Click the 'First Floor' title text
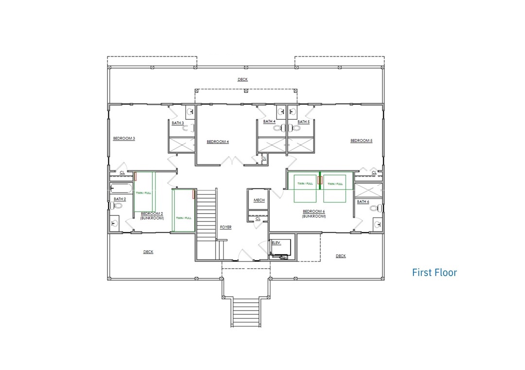(x=434, y=272)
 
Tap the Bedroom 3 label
(x=124, y=138)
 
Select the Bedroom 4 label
(x=218, y=142)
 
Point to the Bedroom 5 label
(x=361, y=141)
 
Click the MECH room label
(x=259, y=200)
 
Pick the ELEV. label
(x=276, y=242)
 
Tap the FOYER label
(x=226, y=227)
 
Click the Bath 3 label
(x=178, y=123)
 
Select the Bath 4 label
(x=269, y=121)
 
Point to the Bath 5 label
(x=303, y=121)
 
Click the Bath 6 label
(x=363, y=202)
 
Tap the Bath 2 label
(x=120, y=199)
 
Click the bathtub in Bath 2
(x=121, y=188)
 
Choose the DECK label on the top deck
(x=243, y=79)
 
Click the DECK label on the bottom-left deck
(x=148, y=252)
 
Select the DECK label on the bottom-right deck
(x=340, y=256)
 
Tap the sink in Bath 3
(x=191, y=112)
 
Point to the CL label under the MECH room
(x=258, y=219)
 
